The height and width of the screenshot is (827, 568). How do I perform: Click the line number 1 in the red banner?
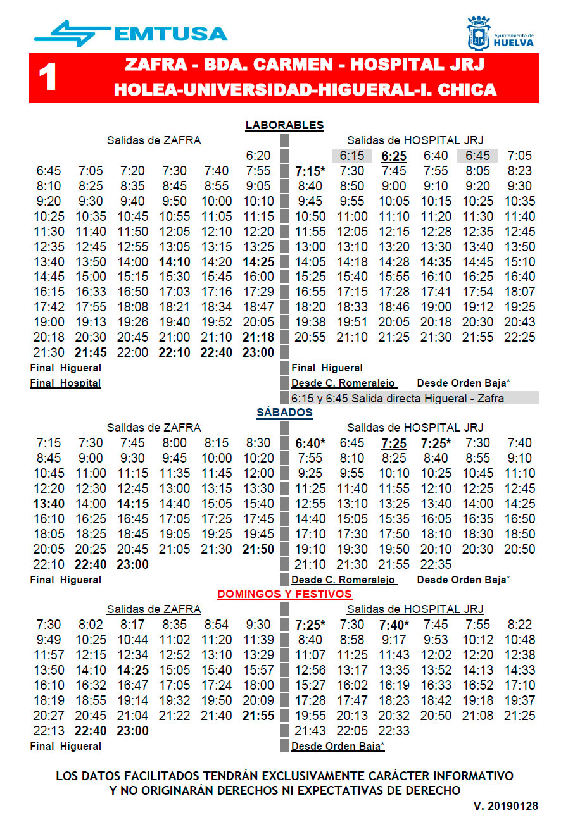(x=48, y=78)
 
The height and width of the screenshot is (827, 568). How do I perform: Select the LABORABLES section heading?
(x=284, y=125)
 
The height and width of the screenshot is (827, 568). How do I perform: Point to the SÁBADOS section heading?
(x=284, y=413)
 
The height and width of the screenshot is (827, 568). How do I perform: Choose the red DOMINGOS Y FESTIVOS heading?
(x=284, y=594)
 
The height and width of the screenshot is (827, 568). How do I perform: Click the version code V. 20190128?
(x=505, y=806)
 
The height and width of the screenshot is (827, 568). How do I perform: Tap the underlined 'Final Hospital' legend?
(x=65, y=383)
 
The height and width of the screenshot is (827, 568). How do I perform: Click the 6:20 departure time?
(x=258, y=156)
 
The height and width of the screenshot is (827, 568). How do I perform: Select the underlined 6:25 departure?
(x=393, y=156)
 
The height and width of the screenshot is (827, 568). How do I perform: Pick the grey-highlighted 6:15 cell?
(x=351, y=156)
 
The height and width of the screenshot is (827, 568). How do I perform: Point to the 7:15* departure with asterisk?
(x=310, y=171)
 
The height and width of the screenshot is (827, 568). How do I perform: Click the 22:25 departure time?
(x=519, y=337)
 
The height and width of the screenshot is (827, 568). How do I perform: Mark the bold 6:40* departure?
(x=310, y=443)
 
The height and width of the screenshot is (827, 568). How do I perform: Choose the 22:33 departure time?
(x=393, y=731)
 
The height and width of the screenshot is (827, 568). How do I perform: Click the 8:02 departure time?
(x=91, y=625)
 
